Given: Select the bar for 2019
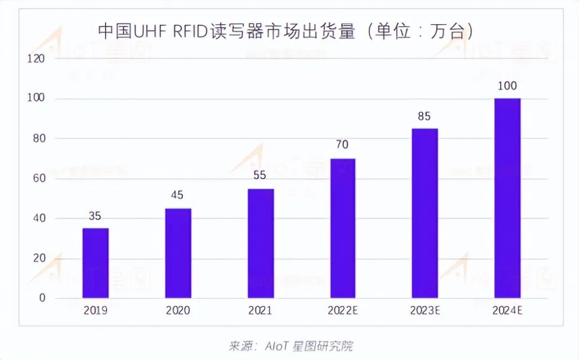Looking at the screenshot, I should coord(95,262).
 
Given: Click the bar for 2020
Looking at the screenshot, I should coord(178,253).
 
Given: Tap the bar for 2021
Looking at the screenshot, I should coord(261,243).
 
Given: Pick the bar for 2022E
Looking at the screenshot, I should coord(343,228).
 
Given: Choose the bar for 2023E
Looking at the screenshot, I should coord(425,213).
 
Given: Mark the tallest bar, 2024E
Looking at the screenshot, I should coord(507,198).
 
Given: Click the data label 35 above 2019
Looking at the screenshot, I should coord(95,216).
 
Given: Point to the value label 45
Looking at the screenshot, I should coord(178,196).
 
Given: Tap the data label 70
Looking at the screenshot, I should coord(343,145).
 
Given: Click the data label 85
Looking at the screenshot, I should coord(425,116).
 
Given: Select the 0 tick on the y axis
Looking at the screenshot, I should coord(42,298).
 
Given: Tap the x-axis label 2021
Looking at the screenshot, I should coord(261,311).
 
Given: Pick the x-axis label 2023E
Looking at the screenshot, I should coord(425,311).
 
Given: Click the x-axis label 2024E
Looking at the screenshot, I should coord(507,311).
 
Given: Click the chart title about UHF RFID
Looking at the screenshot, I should coord(286,31).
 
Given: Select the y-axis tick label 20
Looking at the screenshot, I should coord(40,258).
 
